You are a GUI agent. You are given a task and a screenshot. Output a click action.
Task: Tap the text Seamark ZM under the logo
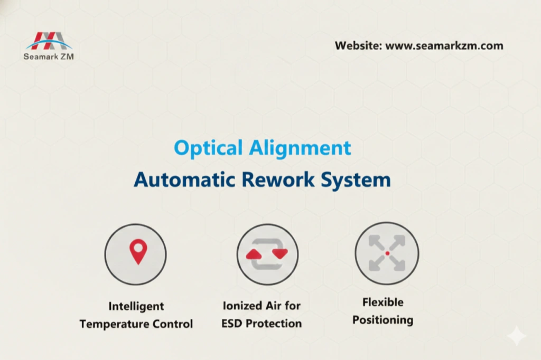click(x=49, y=56)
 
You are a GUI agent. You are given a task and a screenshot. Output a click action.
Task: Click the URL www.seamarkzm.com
click(x=444, y=45)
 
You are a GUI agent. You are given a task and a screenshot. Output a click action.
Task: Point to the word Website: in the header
click(x=358, y=45)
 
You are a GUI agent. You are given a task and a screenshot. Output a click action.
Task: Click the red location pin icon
click(x=138, y=251)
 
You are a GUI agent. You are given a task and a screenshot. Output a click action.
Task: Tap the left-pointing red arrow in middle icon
click(x=255, y=254)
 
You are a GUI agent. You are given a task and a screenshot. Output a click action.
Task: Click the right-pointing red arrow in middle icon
click(x=279, y=254)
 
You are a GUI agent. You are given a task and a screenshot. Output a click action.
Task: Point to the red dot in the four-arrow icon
click(x=387, y=253)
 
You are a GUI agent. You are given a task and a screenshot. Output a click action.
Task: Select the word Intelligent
click(x=136, y=306)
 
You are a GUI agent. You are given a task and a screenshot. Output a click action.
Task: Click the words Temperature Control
click(x=136, y=324)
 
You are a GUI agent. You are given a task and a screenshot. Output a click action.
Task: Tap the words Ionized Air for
click(x=262, y=306)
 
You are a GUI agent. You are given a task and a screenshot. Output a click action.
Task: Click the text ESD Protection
click(x=262, y=324)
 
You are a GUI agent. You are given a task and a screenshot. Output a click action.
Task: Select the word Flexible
click(x=383, y=302)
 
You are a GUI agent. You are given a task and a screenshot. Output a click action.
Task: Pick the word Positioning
click(x=383, y=320)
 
